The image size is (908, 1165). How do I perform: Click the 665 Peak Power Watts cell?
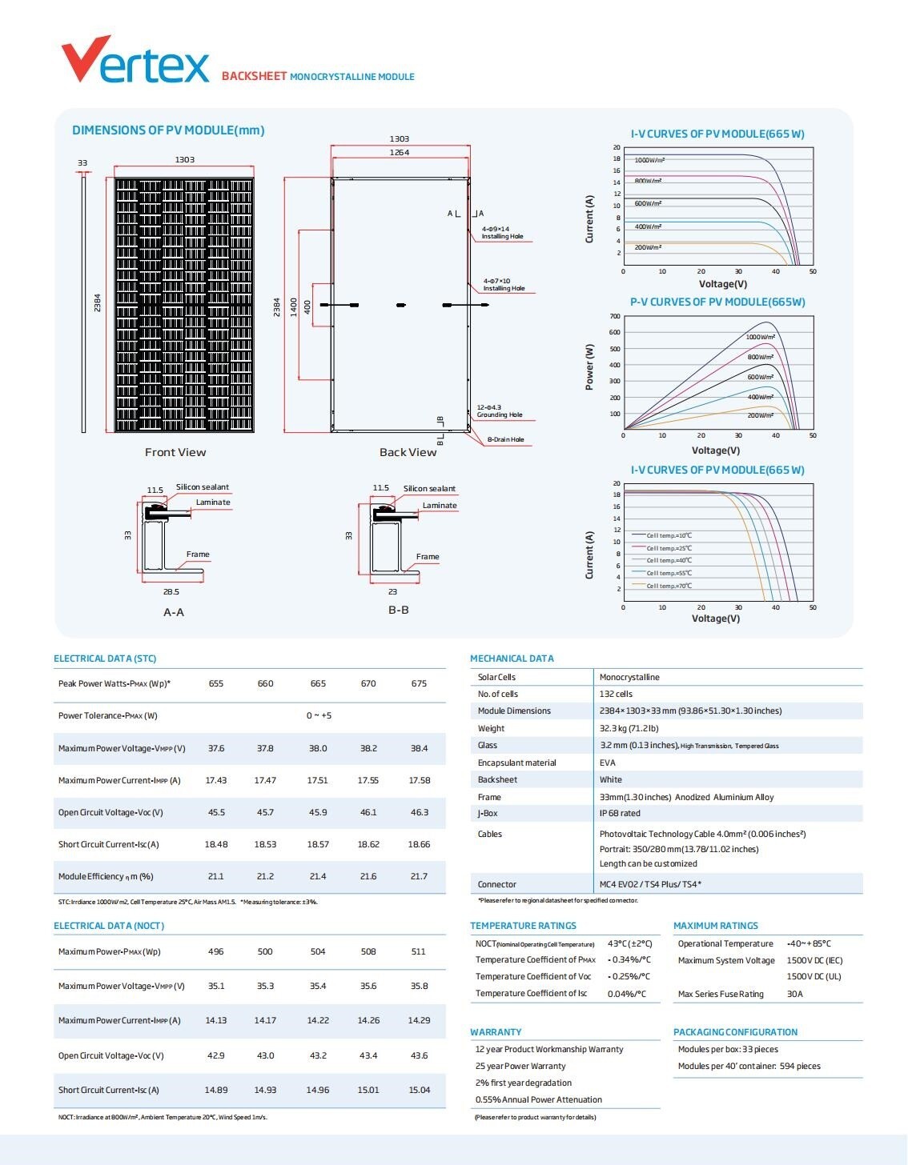pyautogui.click(x=318, y=683)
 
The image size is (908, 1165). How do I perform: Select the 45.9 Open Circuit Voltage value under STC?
pyautogui.click(x=318, y=812)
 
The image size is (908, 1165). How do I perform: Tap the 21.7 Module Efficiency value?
pyautogui.click(x=419, y=876)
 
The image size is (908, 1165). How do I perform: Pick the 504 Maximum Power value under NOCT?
pyautogui.click(x=318, y=951)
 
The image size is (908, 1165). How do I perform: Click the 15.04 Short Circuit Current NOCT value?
pyautogui.click(x=419, y=1090)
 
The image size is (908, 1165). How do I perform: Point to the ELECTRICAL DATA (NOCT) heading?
pyautogui.click(x=109, y=926)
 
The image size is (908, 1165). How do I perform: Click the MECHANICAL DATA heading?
pyautogui.click(x=512, y=659)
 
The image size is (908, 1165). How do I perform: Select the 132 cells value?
pyautogui.click(x=616, y=694)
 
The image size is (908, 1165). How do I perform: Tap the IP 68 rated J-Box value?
pyautogui.click(x=620, y=813)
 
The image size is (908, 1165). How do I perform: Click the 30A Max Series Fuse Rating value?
pyautogui.click(x=794, y=994)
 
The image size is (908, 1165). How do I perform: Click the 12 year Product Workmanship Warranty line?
pyautogui.click(x=548, y=1049)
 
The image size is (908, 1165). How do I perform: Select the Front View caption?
pyautogui.click(x=175, y=452)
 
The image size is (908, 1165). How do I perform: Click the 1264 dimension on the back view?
pyautogui.click(x=399, y=152)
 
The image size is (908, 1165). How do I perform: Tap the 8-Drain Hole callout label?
pyautogui.click(x=506, y=439)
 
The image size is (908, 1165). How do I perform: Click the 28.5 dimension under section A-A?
pyautogui.click(x=171, y=591)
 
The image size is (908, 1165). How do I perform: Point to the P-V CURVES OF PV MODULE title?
pyautogui.click(x=717, y=302)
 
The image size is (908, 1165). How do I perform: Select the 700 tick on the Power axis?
pyautogui.click(x=614, y=316)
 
